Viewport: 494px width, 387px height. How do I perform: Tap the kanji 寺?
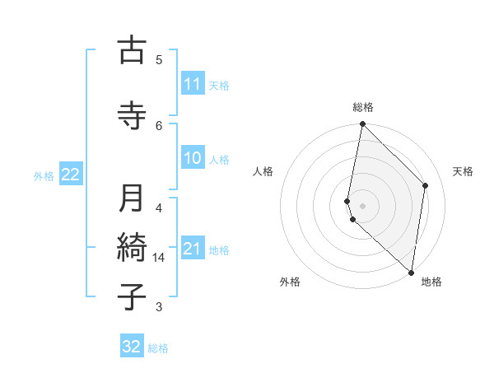132,115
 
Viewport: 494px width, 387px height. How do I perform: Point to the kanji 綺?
132,247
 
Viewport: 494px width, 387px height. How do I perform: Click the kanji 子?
132,296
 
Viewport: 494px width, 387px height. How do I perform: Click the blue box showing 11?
193,84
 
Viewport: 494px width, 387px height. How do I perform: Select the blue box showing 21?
193,249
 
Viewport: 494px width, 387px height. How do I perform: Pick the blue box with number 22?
71,175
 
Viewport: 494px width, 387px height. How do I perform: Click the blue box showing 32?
132,347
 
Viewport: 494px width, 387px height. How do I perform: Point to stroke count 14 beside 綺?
159,258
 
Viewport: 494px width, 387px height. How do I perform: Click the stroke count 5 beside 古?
159,59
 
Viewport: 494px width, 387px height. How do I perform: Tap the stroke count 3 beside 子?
159,307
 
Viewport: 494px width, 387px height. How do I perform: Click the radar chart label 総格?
363,107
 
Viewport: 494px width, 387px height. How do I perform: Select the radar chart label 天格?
464,171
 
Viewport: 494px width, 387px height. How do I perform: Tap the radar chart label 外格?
290,282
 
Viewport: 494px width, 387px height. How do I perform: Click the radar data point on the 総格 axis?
363,124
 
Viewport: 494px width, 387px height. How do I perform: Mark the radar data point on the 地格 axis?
412,273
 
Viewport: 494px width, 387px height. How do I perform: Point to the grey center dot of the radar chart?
363,205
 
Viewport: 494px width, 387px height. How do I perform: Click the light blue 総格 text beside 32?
158,347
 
